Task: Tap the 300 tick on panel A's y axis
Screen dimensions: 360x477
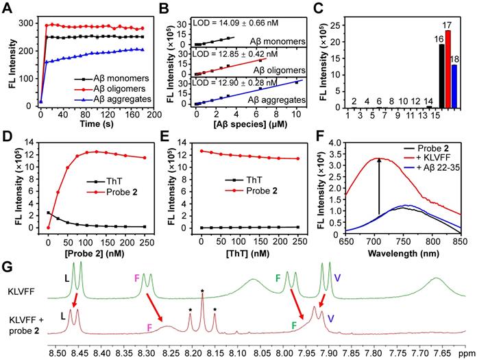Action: coord(24,23)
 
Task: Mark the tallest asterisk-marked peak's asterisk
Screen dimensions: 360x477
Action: coord(202,291)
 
